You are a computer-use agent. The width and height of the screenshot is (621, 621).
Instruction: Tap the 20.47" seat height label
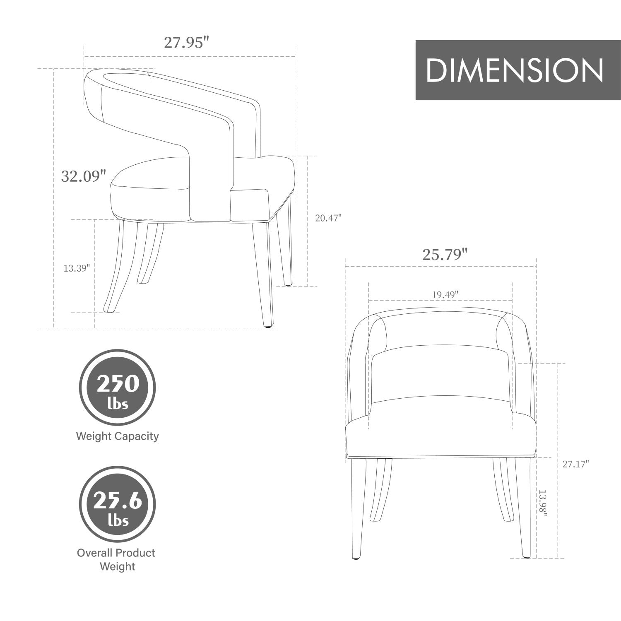328,218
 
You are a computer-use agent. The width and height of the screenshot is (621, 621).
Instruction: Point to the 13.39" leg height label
77,268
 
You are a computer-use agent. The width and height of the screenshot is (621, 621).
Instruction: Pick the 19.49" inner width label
445,295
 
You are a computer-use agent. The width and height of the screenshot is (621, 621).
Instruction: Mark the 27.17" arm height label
575,464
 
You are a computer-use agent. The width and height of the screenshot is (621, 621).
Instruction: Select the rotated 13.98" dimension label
542,503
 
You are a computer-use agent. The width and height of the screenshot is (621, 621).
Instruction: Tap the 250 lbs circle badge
118,388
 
